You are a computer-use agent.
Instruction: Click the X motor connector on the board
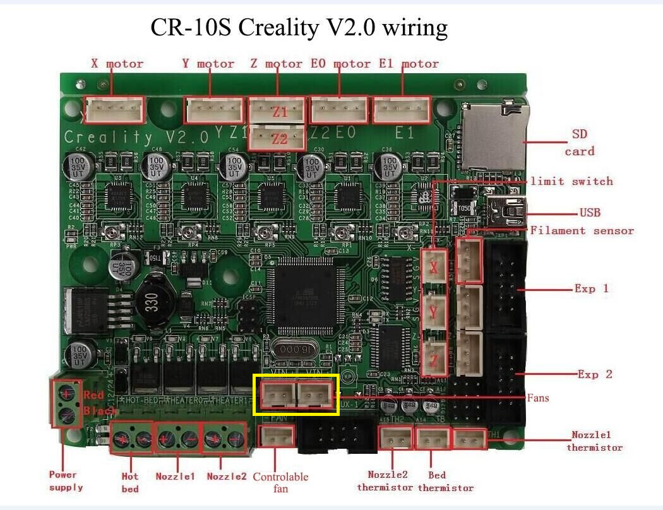[115, 110]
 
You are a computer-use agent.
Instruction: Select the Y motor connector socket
[214, 110]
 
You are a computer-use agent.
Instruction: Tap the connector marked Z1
[277, 110]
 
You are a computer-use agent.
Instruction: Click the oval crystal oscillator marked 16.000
[295, 349]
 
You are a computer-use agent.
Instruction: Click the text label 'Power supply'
[65, 480]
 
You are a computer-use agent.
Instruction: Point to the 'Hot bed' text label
[129, 482]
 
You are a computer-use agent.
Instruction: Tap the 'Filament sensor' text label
[582, 231]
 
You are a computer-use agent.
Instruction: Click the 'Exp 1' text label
[592, 288]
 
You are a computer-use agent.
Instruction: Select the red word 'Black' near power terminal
[100, 411]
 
